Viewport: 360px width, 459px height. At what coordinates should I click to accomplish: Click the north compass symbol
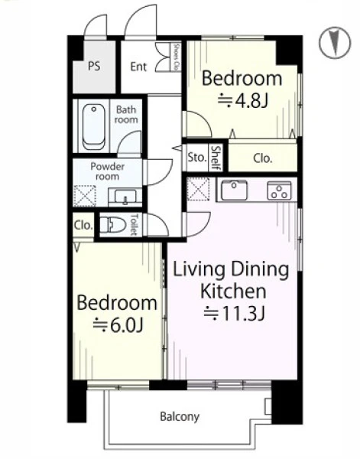point(335,42)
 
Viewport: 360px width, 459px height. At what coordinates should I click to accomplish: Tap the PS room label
point(94,66)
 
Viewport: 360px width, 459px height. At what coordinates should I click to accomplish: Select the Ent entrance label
point(138,67)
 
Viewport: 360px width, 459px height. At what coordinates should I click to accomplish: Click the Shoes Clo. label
point(176,57)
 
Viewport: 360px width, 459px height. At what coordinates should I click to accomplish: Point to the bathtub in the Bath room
point(93,127)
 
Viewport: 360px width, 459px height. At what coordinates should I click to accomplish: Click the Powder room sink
point(125,197)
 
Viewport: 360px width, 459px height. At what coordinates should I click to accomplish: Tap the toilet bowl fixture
point(113,225)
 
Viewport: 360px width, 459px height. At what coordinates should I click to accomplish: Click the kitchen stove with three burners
point(279,190)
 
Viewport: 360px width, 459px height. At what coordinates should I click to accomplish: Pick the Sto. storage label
point(197,157)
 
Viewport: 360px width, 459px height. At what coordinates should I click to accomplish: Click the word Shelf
point(216,158)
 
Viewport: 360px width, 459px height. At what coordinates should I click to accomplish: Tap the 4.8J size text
point(243,101)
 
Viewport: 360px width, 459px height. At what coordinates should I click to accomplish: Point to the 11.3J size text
point(235,314)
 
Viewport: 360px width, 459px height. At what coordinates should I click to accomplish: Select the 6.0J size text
point(118,325)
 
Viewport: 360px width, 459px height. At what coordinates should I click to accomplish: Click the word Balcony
point(180,417)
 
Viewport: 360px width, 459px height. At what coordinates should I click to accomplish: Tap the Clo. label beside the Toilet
point(83,225)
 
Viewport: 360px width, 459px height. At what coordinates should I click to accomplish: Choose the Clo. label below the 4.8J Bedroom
point(263,158)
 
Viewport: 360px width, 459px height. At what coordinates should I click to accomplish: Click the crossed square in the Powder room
point(85,196)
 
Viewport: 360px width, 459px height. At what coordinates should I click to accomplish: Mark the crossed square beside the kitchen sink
point(198,189)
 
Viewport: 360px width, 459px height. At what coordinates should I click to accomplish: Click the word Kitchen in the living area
point(233,291)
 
